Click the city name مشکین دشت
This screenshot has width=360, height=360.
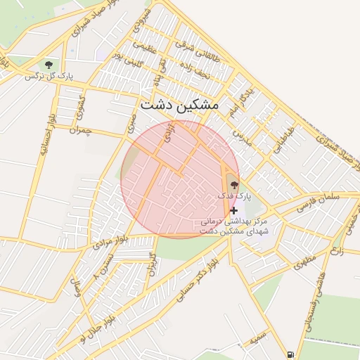click(x=179, y=104)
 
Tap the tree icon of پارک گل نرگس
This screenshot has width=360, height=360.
click(x=48, y=64)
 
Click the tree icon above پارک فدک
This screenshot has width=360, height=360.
click(x=234, y=184)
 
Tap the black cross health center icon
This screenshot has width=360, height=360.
click(x=234, y=210)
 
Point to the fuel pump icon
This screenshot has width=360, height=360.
click(x=291, y=352)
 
